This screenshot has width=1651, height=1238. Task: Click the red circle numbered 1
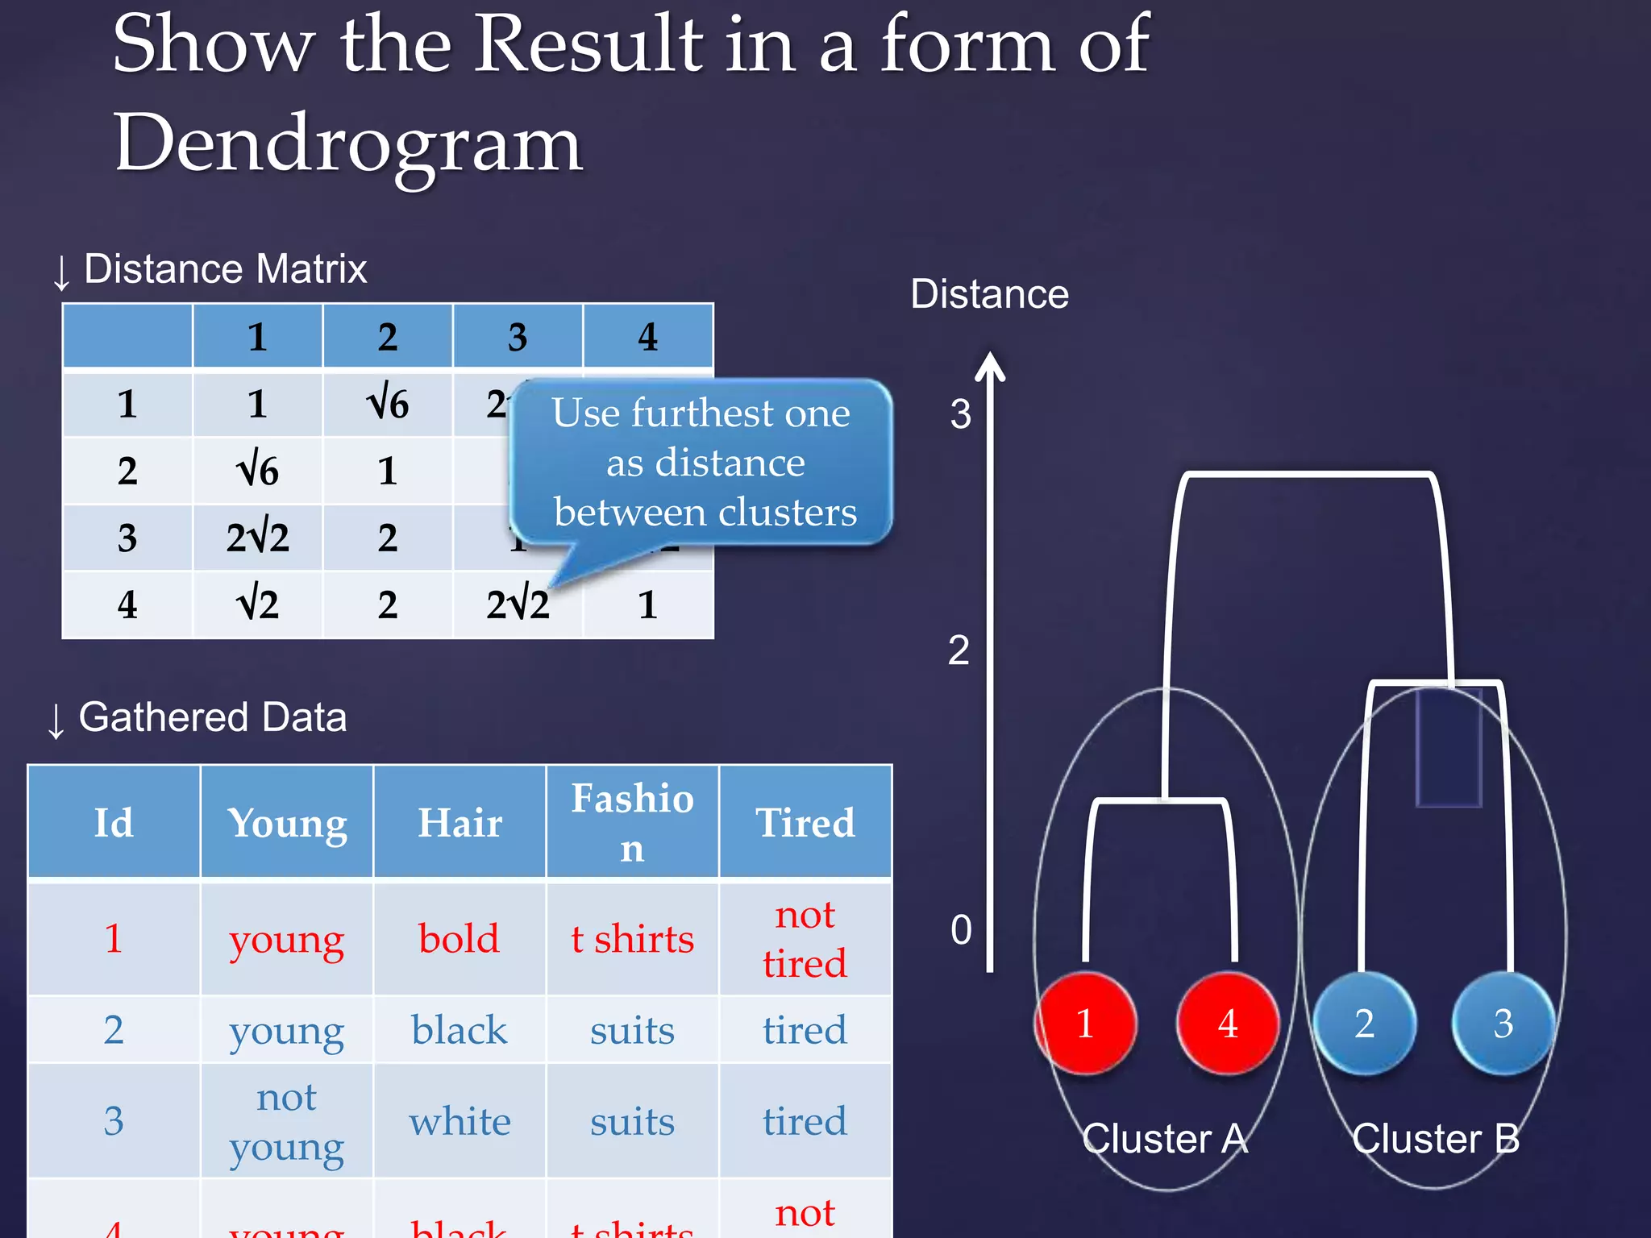(x=1086, y=1024)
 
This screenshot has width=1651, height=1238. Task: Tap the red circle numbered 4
(x=1227, y=1024)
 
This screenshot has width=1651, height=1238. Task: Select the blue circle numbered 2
(x=1364, y=1024)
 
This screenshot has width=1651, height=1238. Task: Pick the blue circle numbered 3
(x=1503, y=1024)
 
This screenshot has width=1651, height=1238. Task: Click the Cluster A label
(x=1165, y=1139)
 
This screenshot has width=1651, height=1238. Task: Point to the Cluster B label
(x=1435, y=1139)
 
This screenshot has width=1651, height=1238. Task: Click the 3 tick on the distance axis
(x=960, y=414)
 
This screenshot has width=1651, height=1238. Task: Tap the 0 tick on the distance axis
(x=961, y=930)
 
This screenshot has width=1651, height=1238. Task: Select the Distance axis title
(x=989, y=294)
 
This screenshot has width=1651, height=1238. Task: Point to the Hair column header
(x=460, y=823)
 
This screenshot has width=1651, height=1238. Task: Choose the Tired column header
(x=805, y=823)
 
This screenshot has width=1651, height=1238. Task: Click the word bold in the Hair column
(x=459, y=939)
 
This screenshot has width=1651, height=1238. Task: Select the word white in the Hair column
(x=460, y=1122)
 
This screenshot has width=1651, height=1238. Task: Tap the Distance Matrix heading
(x=225, y=269)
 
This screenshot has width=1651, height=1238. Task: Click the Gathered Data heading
(x=212, y=717)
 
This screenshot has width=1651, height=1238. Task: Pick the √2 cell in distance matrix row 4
(x=257, y=604)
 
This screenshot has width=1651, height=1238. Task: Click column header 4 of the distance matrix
(x=647, y=337)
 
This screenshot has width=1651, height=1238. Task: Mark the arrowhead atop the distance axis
(x=990, y=365)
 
